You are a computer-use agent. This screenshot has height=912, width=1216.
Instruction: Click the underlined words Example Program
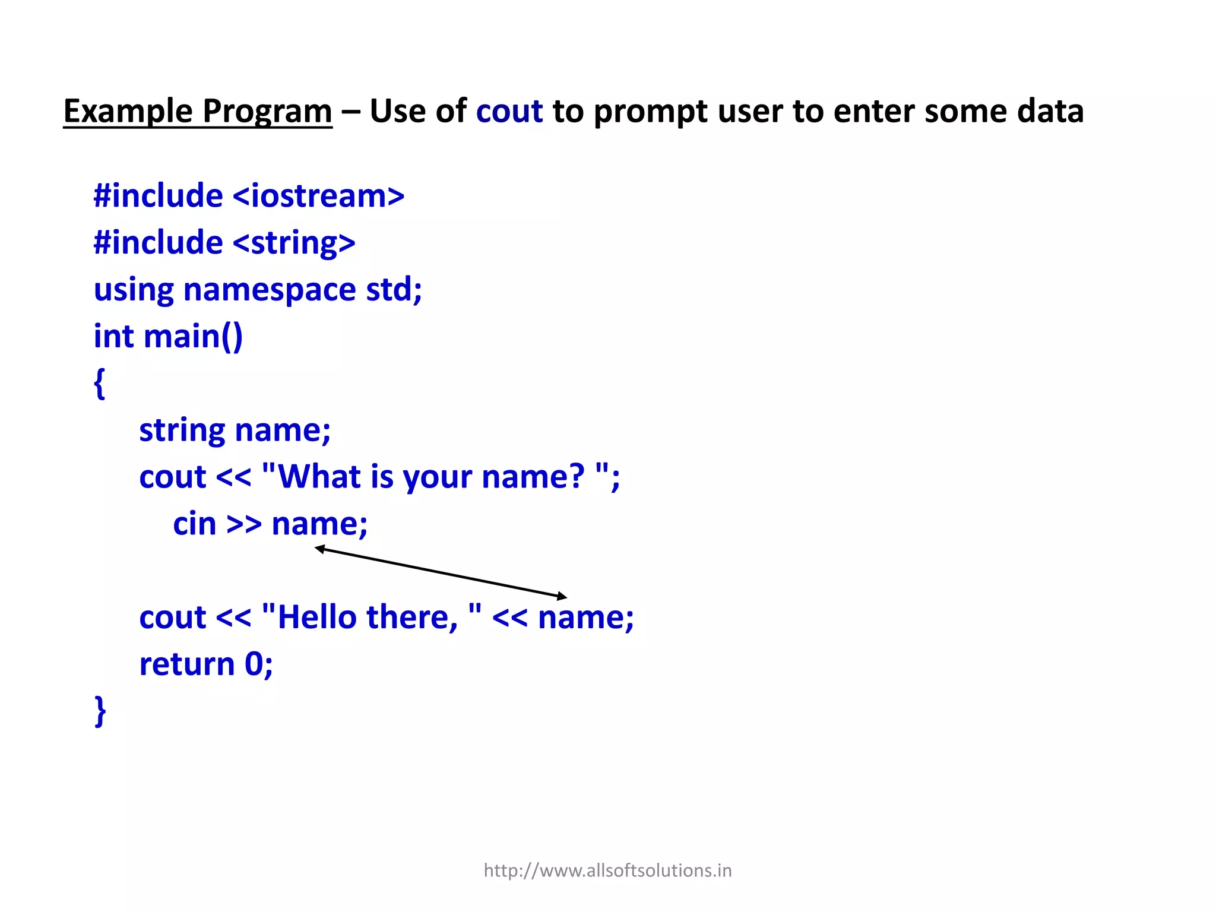(x=197, y=112)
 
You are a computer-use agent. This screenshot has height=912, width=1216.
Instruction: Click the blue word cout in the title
(x=509, y=112)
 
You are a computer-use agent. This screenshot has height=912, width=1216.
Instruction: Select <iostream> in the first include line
(x=318, y=196)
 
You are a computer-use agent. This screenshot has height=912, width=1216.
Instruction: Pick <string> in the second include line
(x=294, y=243)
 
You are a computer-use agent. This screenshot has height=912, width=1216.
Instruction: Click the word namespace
(x=270, y=290)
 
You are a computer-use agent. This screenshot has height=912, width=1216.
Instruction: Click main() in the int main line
(x=193, y=337)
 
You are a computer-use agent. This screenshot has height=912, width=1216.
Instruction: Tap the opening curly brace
(x=100, y=384)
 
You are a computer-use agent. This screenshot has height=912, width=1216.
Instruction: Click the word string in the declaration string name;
(x=182, y=430)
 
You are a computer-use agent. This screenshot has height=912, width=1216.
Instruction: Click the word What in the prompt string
(x=319, y=477)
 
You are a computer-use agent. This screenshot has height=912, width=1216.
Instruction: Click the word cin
(x=194, y=524)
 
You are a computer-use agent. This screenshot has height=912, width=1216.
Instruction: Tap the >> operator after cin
(x=244, y=525)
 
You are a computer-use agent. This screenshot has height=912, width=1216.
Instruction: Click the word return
(x=186, y=664)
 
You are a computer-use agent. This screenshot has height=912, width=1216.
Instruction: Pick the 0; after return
(x=259, y=664)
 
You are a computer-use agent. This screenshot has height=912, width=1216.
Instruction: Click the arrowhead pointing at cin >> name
(x=320, y=549)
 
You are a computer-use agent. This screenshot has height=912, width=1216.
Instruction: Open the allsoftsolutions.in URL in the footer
(x=607, y=870)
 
